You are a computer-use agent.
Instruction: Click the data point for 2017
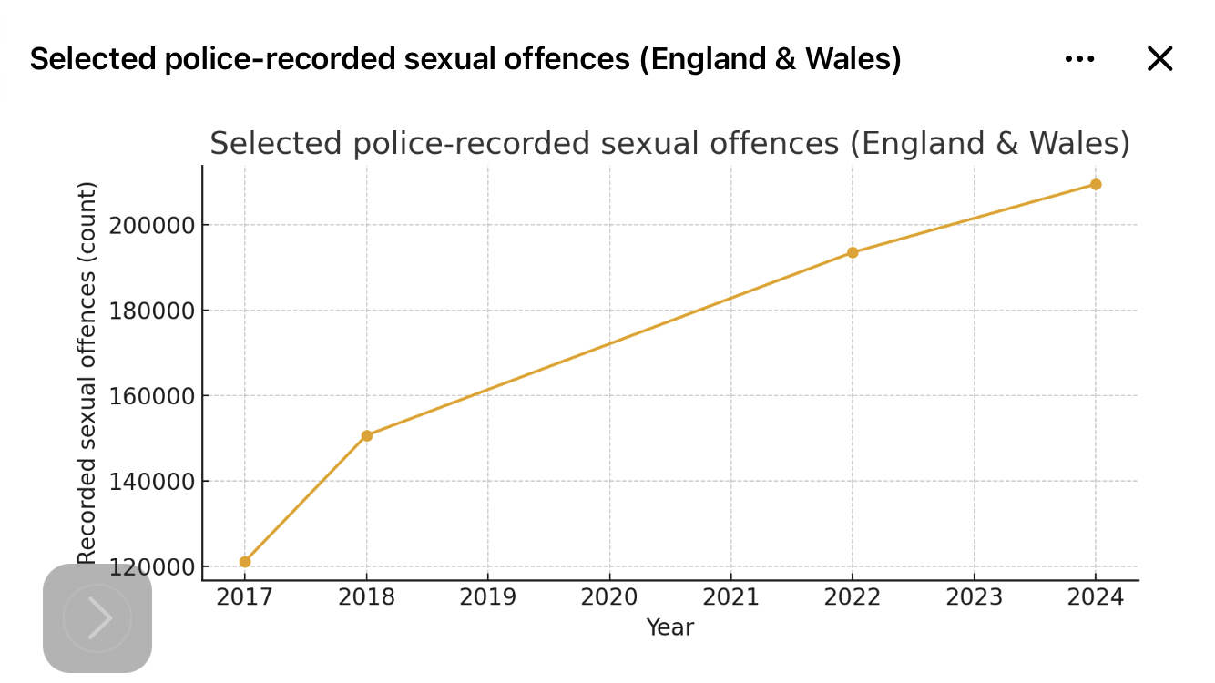pyautogui.click(x=245, y=562)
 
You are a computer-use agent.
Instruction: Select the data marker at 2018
pyautogui.click(x=367, y=435)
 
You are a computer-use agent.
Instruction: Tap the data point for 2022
pyautogui.click(x=853, y=252)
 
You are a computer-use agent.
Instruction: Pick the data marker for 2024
pyautogui.click(x=1096, y=184)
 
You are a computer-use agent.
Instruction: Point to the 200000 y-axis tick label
pyautogui.click(x=152, y=225)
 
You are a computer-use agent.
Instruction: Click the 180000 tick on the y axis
pyautogui.click(x=152, y=311)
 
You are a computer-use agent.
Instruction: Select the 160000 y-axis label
pyautogui.click(x=152, y=396)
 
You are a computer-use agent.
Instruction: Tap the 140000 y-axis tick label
pyautogui.click(x=152, y=482)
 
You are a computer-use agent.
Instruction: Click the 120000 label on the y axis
pyautogui.click(x=152, y=567)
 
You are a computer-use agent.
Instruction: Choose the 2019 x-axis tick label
pyautogui.click(x=488, y=597)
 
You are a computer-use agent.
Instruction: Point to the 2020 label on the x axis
pyautogui.click(x=609, y=597)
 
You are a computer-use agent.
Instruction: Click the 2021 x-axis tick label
pyautogui.click(x=731, y=597)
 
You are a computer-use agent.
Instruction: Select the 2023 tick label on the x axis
pyautogui.click(x=975, y=597)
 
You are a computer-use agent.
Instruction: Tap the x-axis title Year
pyautogui.click(x=670, y=627)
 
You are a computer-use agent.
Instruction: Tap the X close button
pyautogui.click(x=1159, y=59)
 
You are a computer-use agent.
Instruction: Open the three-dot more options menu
pyautogui.click(x=1079, y=59)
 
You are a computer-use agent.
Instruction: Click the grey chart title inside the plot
pyautogui.click(x=669, y=144)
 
